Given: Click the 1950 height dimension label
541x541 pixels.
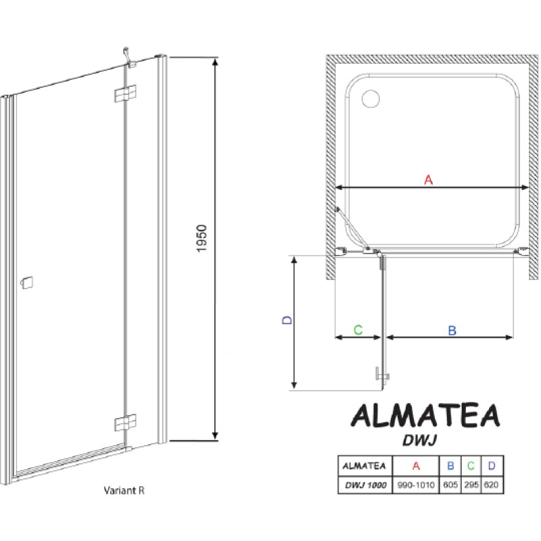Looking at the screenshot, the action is (x=202, y=239).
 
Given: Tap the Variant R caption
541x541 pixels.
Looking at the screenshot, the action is (x=124, y=490).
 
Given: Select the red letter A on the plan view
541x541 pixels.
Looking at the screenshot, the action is (x=428, y=180).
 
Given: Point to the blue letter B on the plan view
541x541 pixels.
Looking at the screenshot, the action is (x=452, y=331).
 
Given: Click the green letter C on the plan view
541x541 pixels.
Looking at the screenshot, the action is (x=358, y=330).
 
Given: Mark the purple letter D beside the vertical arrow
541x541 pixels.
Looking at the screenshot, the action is (x=287, y=320).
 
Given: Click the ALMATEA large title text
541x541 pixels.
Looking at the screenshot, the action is (x=425, y=416).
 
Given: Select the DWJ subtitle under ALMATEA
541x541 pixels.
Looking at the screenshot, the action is (x=419, y=440).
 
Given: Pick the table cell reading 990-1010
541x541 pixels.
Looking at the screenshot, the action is (x=416, y=485).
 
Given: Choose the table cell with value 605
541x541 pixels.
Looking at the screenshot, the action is (x=450, y=485).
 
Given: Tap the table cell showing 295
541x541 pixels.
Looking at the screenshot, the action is (x=471, y=485).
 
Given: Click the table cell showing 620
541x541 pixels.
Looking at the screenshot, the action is (x=492, y=485).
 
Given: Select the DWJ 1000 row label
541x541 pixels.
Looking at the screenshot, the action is (x=365, y=485).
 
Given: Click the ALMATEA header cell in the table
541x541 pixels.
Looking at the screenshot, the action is (x=364, y=466).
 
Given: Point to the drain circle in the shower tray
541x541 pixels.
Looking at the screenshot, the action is (x=371, y=99).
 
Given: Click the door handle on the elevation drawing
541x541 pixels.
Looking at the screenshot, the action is (x=27, y=283).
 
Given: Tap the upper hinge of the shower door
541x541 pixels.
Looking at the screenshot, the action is (x=125, y=93).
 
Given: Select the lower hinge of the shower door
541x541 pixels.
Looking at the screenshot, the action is (x=125, y=422).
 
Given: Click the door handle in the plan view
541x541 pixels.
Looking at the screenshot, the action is (x=382, y=374).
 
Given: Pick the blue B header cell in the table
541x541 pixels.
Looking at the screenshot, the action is (x=450, y=466).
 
